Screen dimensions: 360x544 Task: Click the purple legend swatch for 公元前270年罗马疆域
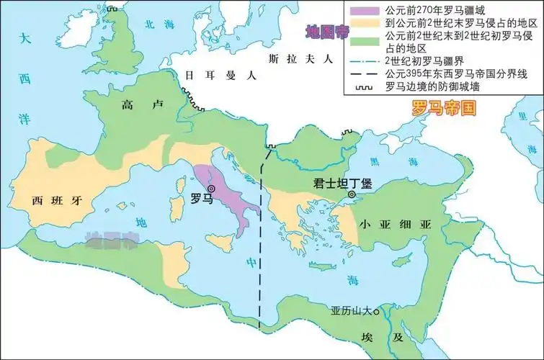pos(364,10)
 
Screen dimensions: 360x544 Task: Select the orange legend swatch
pos(364,23)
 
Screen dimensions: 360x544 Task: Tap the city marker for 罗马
pos(211,189)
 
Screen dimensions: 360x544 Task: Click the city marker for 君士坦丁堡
pos(352,194)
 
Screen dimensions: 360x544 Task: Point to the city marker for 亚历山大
pos(375,311)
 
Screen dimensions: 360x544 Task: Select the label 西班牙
pos(54,199)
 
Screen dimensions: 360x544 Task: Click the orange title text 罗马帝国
pos(445,109)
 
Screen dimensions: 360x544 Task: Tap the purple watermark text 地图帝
pos(324,32)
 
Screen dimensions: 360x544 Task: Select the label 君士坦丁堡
pos(339,182)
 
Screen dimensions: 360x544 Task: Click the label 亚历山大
pos(351,312)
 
